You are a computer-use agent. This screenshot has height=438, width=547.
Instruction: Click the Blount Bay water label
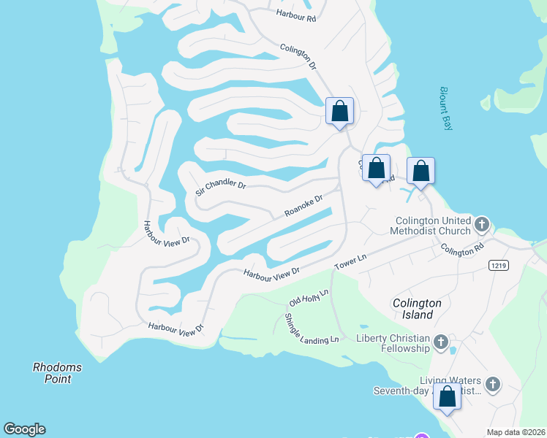[446, 109]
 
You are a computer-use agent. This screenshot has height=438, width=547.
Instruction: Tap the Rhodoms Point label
[57, 372]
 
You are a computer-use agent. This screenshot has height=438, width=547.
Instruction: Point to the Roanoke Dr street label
[303, 206]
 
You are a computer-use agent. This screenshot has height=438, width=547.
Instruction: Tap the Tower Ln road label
[350, 262]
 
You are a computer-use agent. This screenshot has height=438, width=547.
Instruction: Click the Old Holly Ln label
[309, 297]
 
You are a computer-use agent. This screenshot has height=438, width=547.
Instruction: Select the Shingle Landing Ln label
[312, 327]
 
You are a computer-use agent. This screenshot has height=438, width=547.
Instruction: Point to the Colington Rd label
[462, 250]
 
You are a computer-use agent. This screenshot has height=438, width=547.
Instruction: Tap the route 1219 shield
[498, 266]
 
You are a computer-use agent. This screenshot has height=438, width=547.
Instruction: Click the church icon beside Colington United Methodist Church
[481, 223]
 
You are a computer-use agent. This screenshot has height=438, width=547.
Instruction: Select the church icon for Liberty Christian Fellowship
[440, 342]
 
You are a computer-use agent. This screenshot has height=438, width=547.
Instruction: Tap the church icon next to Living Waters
[493, 384]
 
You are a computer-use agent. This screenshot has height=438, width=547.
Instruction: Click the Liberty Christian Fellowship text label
[393, 343]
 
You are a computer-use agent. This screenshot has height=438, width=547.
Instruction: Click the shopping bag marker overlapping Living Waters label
[448, 398]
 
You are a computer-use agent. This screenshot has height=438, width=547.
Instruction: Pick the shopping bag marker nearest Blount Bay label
[420, 172]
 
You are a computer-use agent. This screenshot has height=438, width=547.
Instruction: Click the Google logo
[24, 429]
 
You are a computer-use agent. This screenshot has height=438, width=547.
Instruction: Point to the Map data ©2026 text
[516, 432]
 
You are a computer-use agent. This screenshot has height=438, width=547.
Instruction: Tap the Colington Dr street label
[298, 57]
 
